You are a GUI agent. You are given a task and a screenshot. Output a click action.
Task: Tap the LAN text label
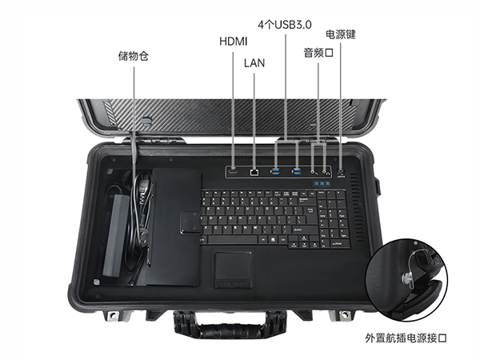(x=254, y=62)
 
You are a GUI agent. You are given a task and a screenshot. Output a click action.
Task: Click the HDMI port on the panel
(x=233, y=170)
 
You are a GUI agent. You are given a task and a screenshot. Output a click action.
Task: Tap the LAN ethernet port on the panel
(x=254, y=171)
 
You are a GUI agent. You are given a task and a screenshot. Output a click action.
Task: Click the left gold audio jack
(x=313, y=170)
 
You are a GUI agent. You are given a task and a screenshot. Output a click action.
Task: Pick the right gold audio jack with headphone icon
(x=325, y=170)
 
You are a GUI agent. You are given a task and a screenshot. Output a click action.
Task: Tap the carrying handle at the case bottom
(x=220, y=324)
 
